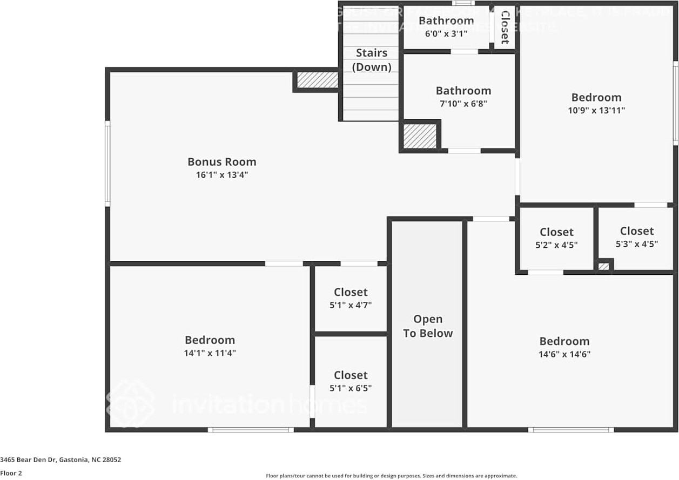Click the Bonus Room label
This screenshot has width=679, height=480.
pos(221,161)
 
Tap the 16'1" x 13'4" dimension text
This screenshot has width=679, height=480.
pos(221,175)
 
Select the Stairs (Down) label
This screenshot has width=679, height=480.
pos(372,60)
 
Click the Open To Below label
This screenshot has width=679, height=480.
pos(428,326)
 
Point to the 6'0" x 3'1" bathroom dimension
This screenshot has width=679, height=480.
pos(446,33)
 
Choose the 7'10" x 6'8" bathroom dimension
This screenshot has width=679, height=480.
pos(463,104)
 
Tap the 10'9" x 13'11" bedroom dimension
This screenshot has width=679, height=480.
pos(596,110)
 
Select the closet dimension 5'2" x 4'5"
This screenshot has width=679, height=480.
pos(556,245)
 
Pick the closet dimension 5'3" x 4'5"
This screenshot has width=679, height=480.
pos(636,244)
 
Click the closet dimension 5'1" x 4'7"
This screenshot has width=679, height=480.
pos(351,305)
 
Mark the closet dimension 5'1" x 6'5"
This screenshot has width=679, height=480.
pos(351,388)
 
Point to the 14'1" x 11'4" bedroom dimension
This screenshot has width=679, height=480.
pos(210,353)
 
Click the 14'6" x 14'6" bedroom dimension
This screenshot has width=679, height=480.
pos(564,354)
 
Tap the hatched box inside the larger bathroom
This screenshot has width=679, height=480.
pos(420,136)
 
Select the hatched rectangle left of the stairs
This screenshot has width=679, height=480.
pos(318,80)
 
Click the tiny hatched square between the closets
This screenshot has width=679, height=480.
pos(604,266)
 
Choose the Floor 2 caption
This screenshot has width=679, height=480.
pos(11,473)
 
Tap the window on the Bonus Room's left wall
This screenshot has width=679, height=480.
pos(107,163)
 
